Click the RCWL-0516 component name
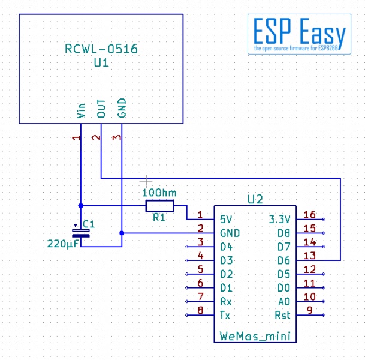(101, 49)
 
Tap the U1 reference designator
(101, 62)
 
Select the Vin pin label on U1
(81, 110)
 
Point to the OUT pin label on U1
(101, 109)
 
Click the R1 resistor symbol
(159, 206)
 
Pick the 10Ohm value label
(159, 193)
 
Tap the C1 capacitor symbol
(81, 233)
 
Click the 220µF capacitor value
(63, 244)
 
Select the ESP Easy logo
(299, 34)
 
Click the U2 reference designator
(255, 199)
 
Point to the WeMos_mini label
(255, 336)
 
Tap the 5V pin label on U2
(226, 219)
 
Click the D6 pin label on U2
(283, 260)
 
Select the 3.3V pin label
(279, 219)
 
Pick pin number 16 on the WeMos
(310, 215)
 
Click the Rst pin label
(283, 315)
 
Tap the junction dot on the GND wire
(122, 233)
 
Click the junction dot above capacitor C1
(81, 206)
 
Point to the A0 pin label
(284, 302)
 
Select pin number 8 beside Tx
(200, 311)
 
